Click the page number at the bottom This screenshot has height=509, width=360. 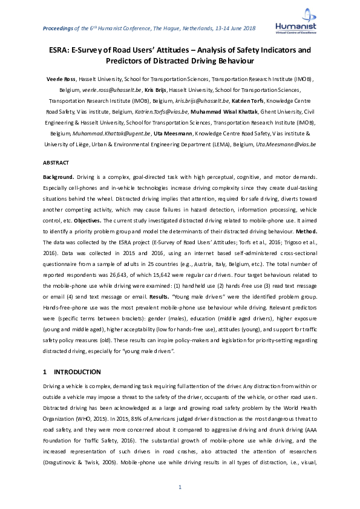(180, 488)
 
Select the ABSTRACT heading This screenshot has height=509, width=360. (56, 163)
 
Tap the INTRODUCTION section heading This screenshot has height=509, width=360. (77, 372)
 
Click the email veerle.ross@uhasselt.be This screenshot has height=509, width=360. (99, 89)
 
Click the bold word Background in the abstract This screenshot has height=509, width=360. (59, 177)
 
